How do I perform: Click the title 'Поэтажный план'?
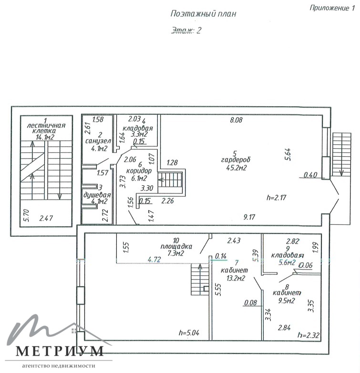pos(203,13)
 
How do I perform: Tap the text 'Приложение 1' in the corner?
pos(332,8)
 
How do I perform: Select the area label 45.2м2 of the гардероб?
pos(236,168)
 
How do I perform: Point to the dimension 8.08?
pos(236,120)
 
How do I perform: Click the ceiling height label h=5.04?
pos(189,333)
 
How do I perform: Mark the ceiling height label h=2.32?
pos(309,335)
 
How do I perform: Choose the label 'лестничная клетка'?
pos(46,128)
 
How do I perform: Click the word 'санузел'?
pos(98,141)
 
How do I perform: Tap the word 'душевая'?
pos(97,195)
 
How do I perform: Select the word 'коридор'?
pos(139,171)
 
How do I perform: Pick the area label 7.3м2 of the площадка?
pos(176,253)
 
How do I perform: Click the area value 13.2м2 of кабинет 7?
pos(236,278)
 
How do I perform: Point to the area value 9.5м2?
pos(287,301)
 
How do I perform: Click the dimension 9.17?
pos(249,217)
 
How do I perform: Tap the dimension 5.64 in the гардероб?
pos(288,154)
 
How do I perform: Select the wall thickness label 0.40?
pos(310,175)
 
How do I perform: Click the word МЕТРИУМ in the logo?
pos(60,351)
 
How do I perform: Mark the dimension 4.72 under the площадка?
pos(154,259)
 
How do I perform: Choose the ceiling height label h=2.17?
pos(276,197)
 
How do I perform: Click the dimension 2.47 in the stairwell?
pos(46,218)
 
